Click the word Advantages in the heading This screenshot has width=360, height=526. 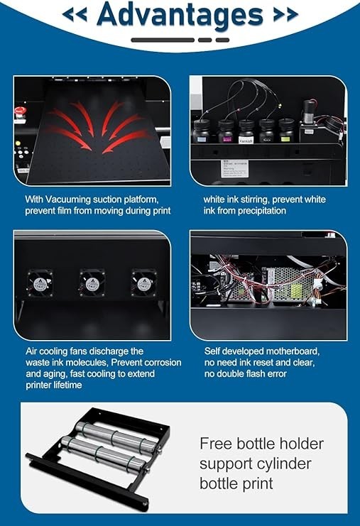pyautogui.click(x=180, y=16)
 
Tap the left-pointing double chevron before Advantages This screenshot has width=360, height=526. pyautogui.click(x=74, y=14)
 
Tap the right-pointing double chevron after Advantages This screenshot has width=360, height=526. pyautogui.click(x=285, y=14)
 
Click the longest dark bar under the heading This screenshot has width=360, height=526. pyautogui.click(x=163, y=40)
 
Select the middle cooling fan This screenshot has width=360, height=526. pyautogui.click(x=92, y=283)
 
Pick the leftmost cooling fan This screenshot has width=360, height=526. pyautogui.click(x=40, y=283)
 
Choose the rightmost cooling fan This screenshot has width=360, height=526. pyautogui.click(x=144, y=283)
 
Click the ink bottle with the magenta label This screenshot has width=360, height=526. pyautogui.click(x=226, y=131)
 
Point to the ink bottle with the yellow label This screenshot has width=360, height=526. pyautogui.click(x=286, y=131)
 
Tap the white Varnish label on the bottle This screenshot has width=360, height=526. pyautogui.click(x=246, y=140)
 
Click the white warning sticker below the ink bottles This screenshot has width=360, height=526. pyautogui.click(x=234, y=169)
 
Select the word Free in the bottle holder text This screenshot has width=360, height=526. pyautogui.click(x=216, y=444)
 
